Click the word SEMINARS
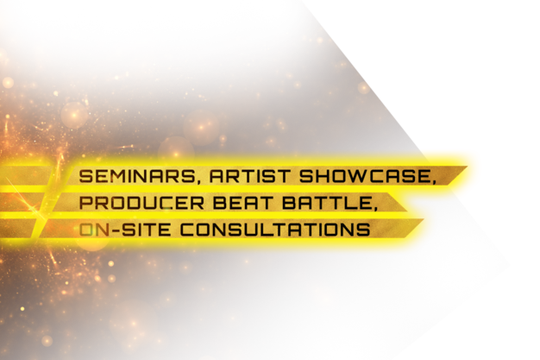[136, 176]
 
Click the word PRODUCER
[141, 203]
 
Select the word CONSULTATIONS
[275, 230]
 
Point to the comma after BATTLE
[373, 208]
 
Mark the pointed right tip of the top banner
[467, 167]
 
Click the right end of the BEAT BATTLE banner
[407, 210]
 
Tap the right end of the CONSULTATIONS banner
[424, 219]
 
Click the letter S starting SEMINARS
[86, 176]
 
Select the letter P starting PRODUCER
[85, 203]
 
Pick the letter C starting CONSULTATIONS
[186, 230]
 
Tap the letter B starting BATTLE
[289, 203]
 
